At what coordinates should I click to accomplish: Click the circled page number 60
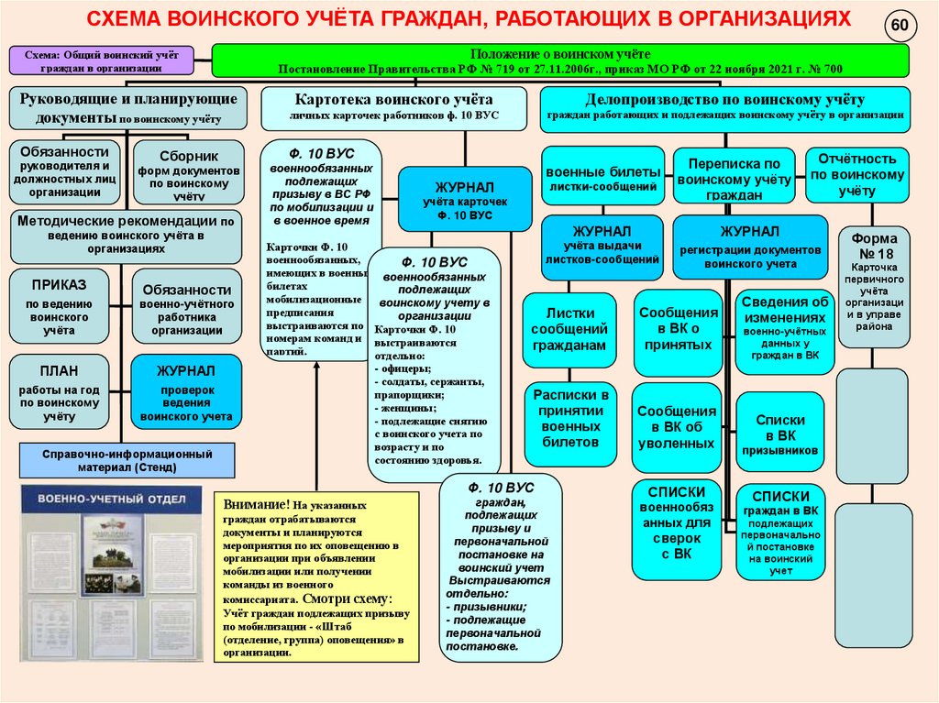tap(899, 27)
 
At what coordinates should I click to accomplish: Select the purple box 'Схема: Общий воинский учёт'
tap(103, 60)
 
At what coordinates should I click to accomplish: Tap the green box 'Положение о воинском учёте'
tap(560, 61)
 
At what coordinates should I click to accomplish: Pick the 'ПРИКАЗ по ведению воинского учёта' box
tap(59, 304)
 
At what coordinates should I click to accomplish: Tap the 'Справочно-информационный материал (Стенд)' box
tap(127, 460)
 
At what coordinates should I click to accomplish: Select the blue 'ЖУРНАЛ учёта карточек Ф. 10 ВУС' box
tap(464, 199)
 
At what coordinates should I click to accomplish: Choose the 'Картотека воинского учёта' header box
tap(394, 107)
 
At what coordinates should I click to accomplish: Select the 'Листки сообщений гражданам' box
tap(569, 329)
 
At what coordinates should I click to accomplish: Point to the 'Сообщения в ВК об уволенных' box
tap(677, 426)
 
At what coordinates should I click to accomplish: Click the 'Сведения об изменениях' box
tap(784, 329)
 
